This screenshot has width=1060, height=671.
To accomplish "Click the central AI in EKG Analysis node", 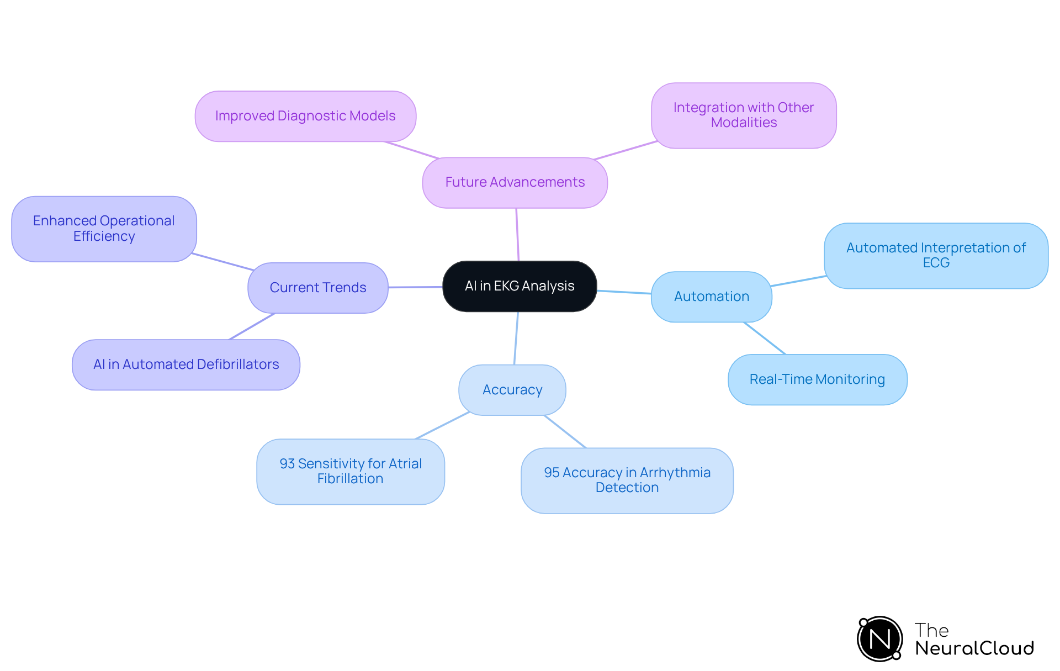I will tap(520, 286).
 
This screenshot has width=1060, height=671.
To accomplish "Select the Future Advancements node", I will tap(515, 182).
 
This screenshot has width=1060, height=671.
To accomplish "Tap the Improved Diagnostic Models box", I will tap(305, 116).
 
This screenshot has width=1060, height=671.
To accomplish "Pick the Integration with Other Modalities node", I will tap(743, 115).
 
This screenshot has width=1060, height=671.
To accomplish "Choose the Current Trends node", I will tap(317, 288).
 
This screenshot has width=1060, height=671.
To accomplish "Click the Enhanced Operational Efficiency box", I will tap(104, 229).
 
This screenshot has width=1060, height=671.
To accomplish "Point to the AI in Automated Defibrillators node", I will tap(186, 364).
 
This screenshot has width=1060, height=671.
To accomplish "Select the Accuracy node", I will tap(512, 390).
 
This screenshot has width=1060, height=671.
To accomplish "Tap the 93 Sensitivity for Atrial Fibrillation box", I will tap(350, 472).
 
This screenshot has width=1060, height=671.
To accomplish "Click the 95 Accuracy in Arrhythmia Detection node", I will tap(627, 480).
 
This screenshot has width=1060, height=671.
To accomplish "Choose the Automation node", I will tap(711, 297).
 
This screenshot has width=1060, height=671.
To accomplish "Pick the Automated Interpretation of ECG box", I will tap(936, 256).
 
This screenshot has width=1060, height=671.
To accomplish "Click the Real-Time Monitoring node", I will tap(817, 379).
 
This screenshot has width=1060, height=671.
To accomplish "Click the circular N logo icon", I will tap(879, 639).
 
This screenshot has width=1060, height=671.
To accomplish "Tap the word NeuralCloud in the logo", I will tap(974, 648).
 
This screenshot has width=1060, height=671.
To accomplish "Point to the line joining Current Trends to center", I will tap(415, 287).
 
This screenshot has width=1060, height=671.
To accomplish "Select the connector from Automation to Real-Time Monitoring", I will tap(765, 338).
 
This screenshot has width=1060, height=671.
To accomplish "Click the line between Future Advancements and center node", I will tap(517, 234).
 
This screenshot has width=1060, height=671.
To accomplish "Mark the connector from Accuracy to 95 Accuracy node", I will tap(565, 431).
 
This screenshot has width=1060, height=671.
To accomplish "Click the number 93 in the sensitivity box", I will tap(287, 464).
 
